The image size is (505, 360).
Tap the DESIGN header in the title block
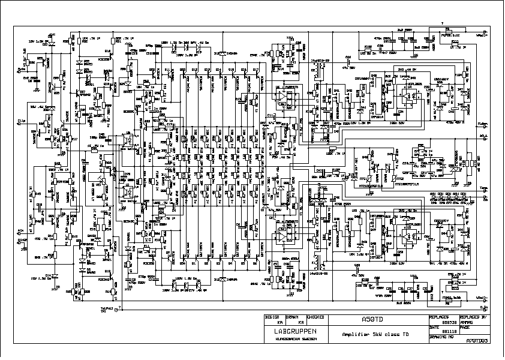272,316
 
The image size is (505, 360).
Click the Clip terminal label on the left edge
21,119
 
